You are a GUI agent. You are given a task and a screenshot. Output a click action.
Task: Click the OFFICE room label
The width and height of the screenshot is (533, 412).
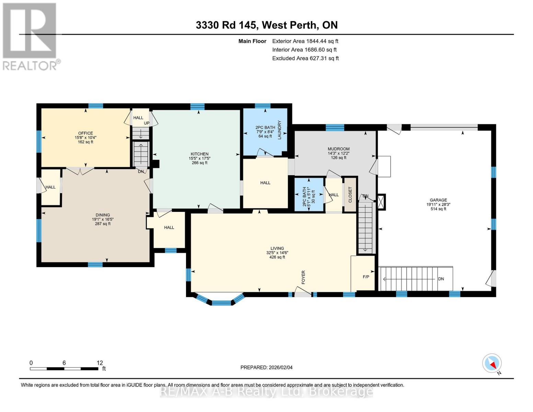pyautogui.click(x=85, y=133)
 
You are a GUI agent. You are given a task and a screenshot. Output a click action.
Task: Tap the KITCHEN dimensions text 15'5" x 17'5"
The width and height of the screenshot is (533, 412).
pyautogui.click(x=199, y=158)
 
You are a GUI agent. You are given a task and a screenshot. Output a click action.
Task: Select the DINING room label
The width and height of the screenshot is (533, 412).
pyautogui.click(x=103, y=215)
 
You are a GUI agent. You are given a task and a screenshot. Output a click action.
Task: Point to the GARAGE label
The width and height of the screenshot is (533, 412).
pyautogui.click(x=438, y=200)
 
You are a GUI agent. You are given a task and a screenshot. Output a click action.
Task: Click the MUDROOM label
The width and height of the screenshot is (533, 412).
pyautogui.click(x=338, y=149)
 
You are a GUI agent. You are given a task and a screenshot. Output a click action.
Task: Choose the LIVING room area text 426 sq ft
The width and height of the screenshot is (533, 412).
pyautogui.click(x=277, y=257)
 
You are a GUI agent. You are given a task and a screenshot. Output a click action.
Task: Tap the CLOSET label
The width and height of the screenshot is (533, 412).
pyautogui.click(x=350, y=194)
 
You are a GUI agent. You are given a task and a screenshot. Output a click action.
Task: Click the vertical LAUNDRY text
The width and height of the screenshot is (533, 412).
pyautogui.click(x=279, y=130)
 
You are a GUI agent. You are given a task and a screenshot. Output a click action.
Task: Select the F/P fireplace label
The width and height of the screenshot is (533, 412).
pyautogui.click(x=366, y=277)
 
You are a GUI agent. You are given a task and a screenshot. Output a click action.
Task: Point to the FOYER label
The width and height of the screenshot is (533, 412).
pyautogui.click(x=303, y=277)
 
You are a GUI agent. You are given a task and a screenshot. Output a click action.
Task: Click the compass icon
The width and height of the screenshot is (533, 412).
pyautogui.click(x=492, y=363)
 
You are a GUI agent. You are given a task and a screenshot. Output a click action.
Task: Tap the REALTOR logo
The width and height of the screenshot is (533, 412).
pyautogui.click(x=30, y=36)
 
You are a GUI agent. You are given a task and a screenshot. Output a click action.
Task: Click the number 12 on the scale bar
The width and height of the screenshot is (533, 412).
pyautogui.click(x=100, y=363)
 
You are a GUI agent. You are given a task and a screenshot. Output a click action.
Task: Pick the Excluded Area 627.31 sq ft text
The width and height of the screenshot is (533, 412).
pyautogui.click(x=305, y=58)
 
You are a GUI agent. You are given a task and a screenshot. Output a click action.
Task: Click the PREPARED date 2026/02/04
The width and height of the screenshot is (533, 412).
pyautogui.click(x=266, y=367)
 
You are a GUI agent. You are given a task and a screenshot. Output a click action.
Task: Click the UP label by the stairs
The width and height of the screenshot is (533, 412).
pyautogui.click(x=147, y=123)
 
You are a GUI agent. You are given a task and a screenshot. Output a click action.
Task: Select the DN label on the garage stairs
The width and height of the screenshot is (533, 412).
pyautogui.click(x=441, y=279)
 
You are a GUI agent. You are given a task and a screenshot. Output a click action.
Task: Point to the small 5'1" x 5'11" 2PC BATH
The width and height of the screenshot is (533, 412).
pyautogui.click(x=309, y=194)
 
